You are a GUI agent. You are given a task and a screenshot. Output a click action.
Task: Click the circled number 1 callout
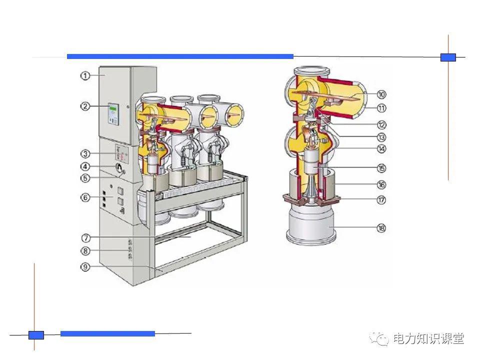[x=85, y=75]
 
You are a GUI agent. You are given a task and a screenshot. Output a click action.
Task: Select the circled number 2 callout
[x=85, y=106]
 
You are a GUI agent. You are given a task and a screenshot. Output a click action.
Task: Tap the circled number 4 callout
[x=85, y=166]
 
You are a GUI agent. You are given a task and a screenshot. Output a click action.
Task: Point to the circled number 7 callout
[x=86, y=237]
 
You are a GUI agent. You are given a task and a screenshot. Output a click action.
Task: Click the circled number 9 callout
[x=85, y=266]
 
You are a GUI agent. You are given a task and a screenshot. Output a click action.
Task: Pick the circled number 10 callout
[x=381, y=94]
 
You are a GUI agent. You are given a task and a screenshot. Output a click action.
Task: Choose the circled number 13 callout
[x=381, y=137]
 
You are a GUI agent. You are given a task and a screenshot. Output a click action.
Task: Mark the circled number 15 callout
[x=381, y=168]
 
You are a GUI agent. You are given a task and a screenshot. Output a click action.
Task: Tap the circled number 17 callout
[x=381, y=200]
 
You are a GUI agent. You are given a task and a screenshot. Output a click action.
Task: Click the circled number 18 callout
[x=381, y=228]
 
